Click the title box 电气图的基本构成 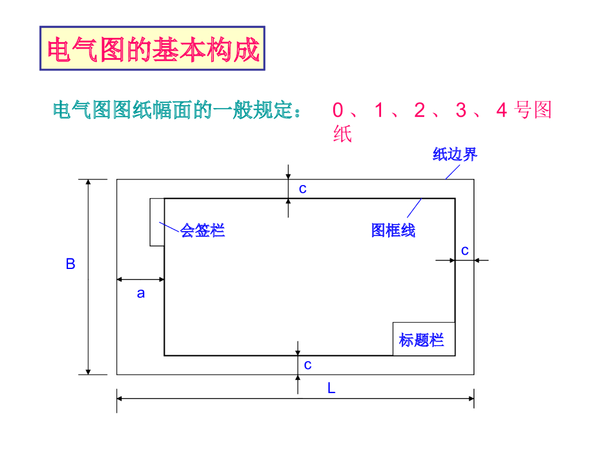152,48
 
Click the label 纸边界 454,155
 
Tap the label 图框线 393,230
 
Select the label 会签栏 203,230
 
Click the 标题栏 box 424,339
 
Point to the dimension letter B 70,264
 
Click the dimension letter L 331,388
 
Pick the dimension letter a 141,293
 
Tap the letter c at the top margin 302,189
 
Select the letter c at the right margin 465,251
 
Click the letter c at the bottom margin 307,365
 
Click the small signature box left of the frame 157,222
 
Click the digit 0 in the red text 338,111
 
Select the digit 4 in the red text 502,111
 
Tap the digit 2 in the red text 419,111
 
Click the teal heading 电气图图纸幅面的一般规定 176,111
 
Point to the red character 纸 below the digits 343,134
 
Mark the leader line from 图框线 414,209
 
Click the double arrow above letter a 141,279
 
